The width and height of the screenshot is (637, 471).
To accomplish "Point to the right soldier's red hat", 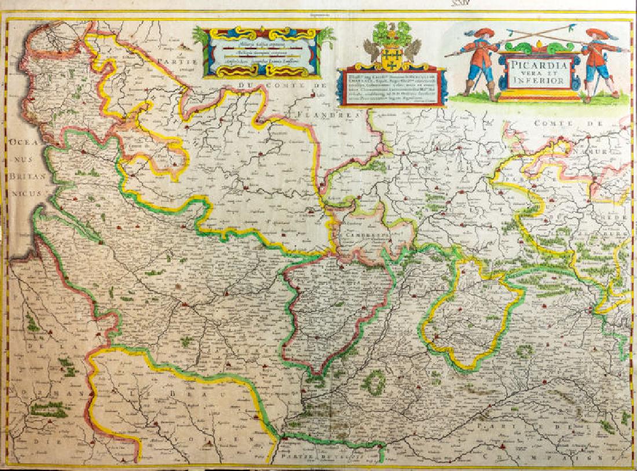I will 596,33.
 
